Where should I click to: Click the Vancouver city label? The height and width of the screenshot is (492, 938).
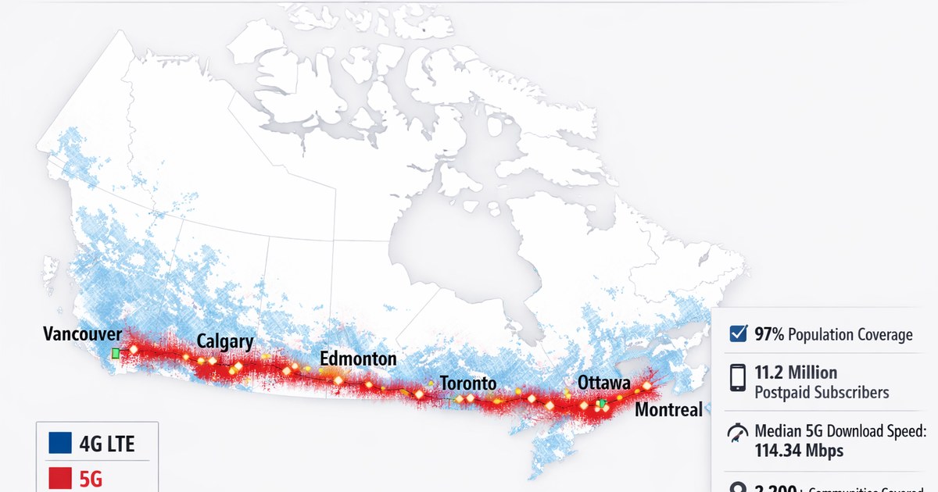82,334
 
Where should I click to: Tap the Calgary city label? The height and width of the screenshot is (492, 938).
225,341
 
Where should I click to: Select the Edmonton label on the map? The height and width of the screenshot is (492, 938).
358,358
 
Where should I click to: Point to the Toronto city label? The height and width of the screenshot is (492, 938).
468,383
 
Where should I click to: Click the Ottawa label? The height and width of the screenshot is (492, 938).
604,383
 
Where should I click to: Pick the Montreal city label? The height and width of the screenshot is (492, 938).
668,409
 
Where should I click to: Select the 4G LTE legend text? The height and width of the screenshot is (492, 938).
107,444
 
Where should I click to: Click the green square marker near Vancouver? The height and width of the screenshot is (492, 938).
116,353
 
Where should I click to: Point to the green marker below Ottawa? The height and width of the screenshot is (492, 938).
603,403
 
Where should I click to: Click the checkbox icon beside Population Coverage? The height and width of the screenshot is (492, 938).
737,333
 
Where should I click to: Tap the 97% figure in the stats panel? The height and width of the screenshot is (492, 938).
770,335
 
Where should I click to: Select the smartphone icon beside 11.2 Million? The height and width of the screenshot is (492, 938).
737,378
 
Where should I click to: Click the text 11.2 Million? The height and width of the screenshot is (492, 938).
796,372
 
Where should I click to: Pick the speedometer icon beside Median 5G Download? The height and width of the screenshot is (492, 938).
737,433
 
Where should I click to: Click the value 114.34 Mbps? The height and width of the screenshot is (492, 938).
799,451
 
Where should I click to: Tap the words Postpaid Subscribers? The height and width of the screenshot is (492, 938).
822,393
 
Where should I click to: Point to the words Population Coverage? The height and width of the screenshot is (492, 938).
850,335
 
